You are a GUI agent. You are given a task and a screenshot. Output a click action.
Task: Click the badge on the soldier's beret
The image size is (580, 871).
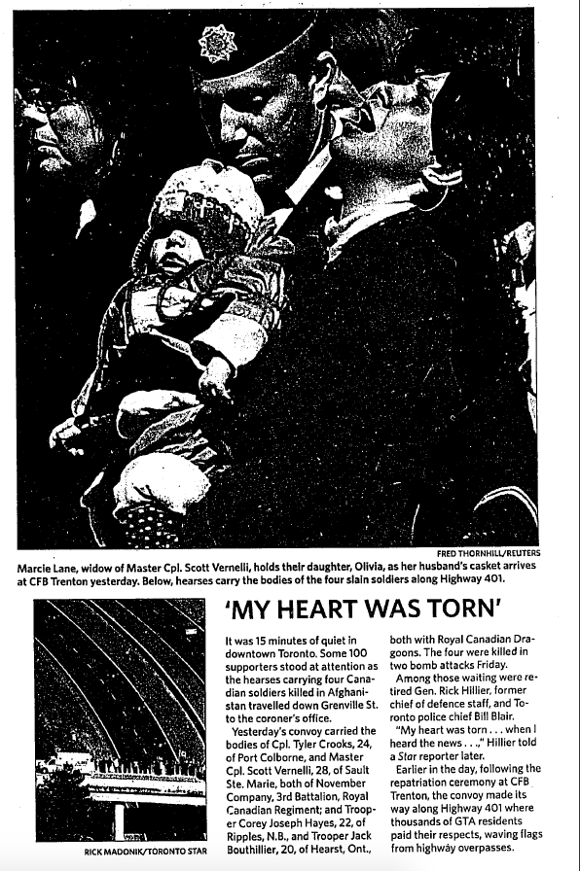[215, 44]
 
